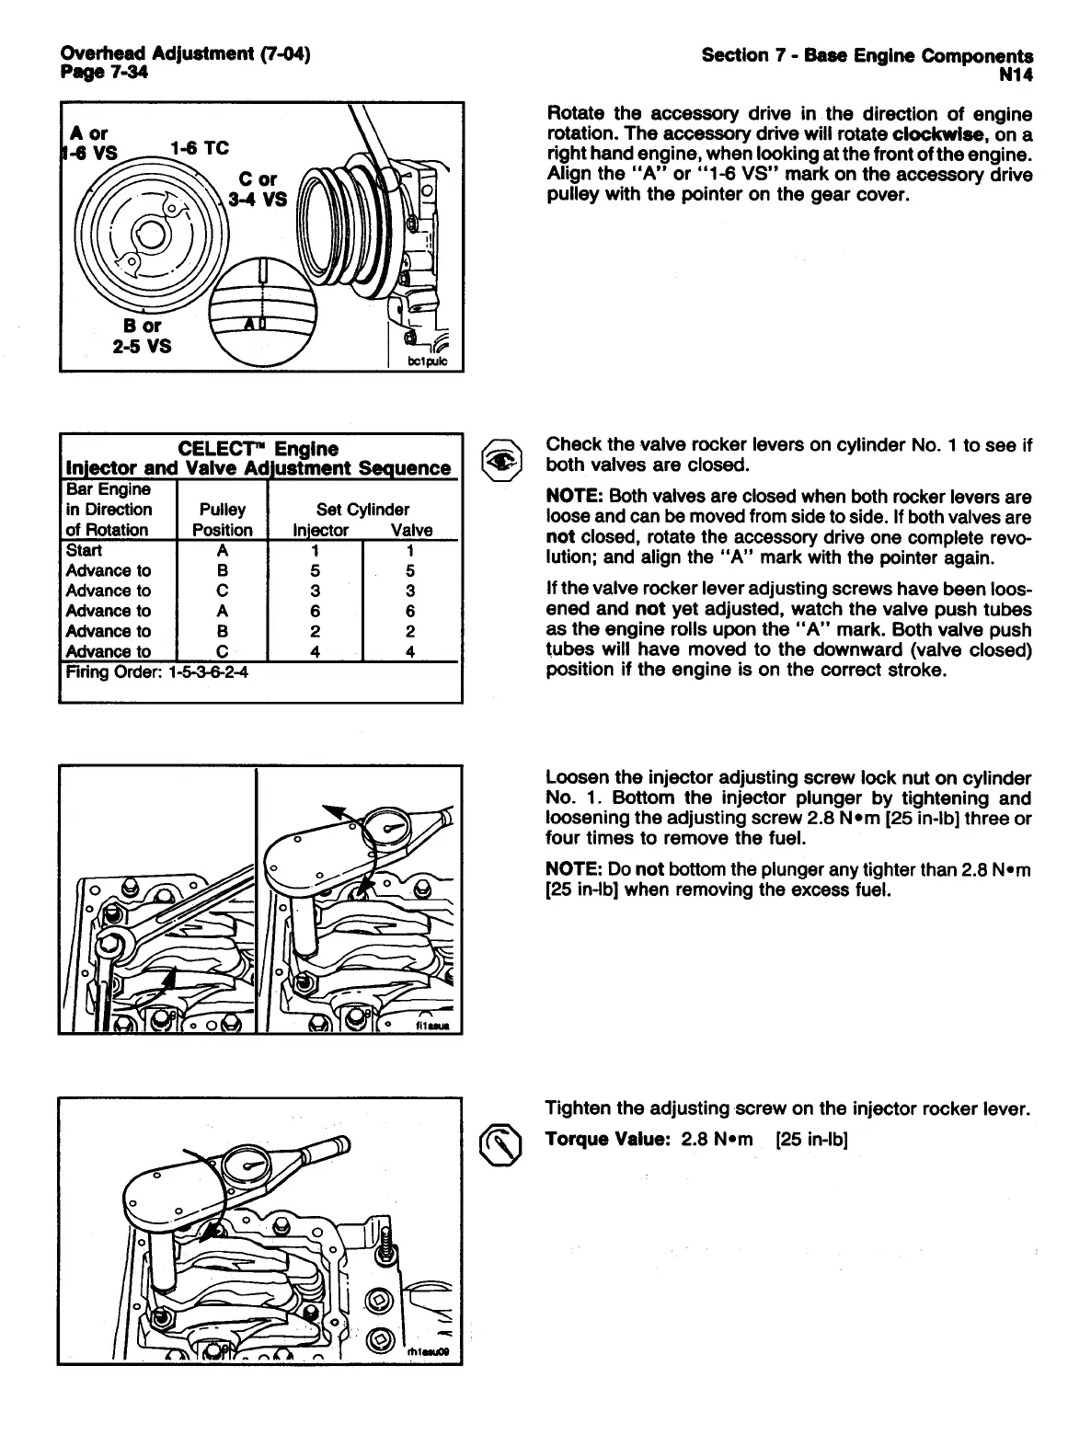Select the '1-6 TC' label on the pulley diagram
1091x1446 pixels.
coord(200,149)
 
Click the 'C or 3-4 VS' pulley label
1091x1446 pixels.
coord(262,189)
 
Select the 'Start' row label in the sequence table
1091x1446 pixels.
coord(85,551)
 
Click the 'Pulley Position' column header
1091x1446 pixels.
coord(222,520)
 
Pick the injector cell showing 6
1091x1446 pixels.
coord(315,611)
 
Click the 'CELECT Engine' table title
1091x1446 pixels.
coord(258,449)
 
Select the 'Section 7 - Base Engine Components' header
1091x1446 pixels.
coord(867,55)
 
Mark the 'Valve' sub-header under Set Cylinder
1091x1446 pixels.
coord(410,530)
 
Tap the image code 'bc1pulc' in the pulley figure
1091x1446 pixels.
coord(427,361)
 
